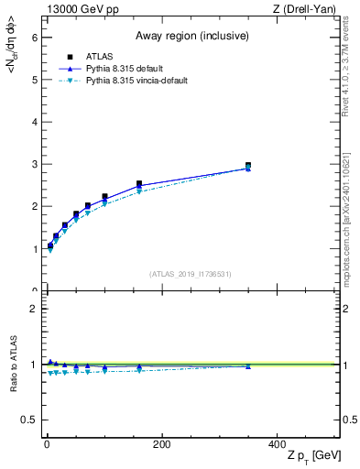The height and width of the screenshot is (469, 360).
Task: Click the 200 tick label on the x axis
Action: (161, 444)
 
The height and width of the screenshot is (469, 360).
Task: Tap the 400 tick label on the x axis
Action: (276, 444)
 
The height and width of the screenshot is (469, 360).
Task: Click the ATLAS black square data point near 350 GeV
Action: (248, 166)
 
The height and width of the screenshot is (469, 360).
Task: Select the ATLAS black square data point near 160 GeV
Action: (139, 184)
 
